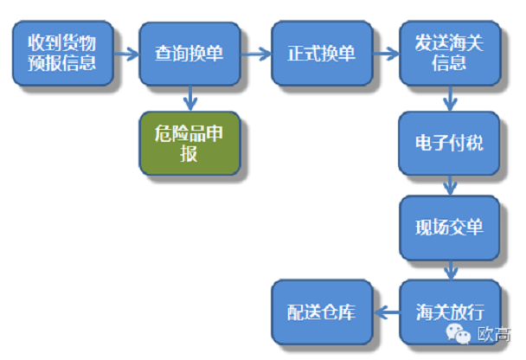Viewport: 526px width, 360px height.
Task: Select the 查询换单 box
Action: click(189, 53)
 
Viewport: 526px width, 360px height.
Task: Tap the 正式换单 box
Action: click(321, 53)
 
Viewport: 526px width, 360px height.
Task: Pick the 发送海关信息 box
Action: click(448, 53)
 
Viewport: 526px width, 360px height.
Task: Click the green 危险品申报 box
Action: click(189, 144)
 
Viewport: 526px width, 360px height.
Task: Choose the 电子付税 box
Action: click(448, 143)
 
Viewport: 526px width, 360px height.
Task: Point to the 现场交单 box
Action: click(448, 228)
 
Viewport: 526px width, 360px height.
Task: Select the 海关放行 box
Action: click(448, 312)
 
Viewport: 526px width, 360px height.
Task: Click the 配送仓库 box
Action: click(321, 312)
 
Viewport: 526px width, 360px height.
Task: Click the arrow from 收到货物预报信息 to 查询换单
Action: click(125, 54)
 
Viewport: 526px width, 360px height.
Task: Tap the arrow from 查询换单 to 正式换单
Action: click(254, 54)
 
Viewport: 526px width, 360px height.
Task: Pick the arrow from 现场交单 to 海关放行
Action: click(449, 270)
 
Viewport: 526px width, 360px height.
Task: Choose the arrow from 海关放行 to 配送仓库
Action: click(384, 313)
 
